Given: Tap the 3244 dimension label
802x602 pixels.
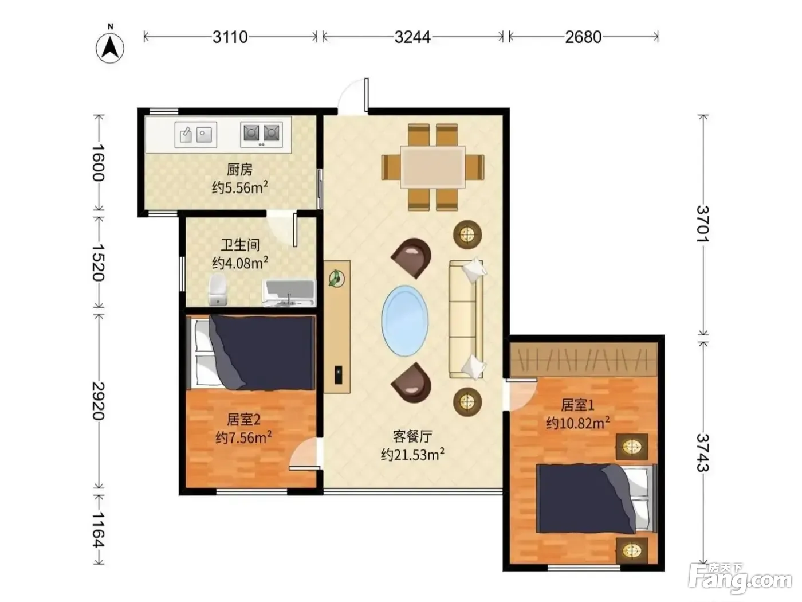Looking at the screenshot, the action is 412,37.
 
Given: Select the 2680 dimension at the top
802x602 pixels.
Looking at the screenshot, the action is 583,37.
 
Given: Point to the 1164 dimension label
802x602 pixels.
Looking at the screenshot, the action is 98,529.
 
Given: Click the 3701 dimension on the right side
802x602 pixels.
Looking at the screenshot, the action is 703,224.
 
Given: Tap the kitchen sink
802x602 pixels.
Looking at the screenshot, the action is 195,135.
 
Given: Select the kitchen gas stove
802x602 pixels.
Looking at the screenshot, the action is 261,135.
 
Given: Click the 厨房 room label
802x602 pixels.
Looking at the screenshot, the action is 239,170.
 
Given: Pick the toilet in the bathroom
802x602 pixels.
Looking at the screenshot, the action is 217,290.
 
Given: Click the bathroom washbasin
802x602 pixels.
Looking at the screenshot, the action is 289,293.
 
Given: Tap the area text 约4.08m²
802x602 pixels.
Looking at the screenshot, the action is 240,263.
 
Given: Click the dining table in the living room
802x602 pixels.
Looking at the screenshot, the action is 433,167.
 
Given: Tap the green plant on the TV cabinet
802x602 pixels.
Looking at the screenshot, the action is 336,279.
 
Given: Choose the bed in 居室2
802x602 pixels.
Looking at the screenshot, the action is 251,353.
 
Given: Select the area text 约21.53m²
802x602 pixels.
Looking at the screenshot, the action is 412,455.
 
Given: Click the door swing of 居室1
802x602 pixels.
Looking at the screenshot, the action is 522,394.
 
